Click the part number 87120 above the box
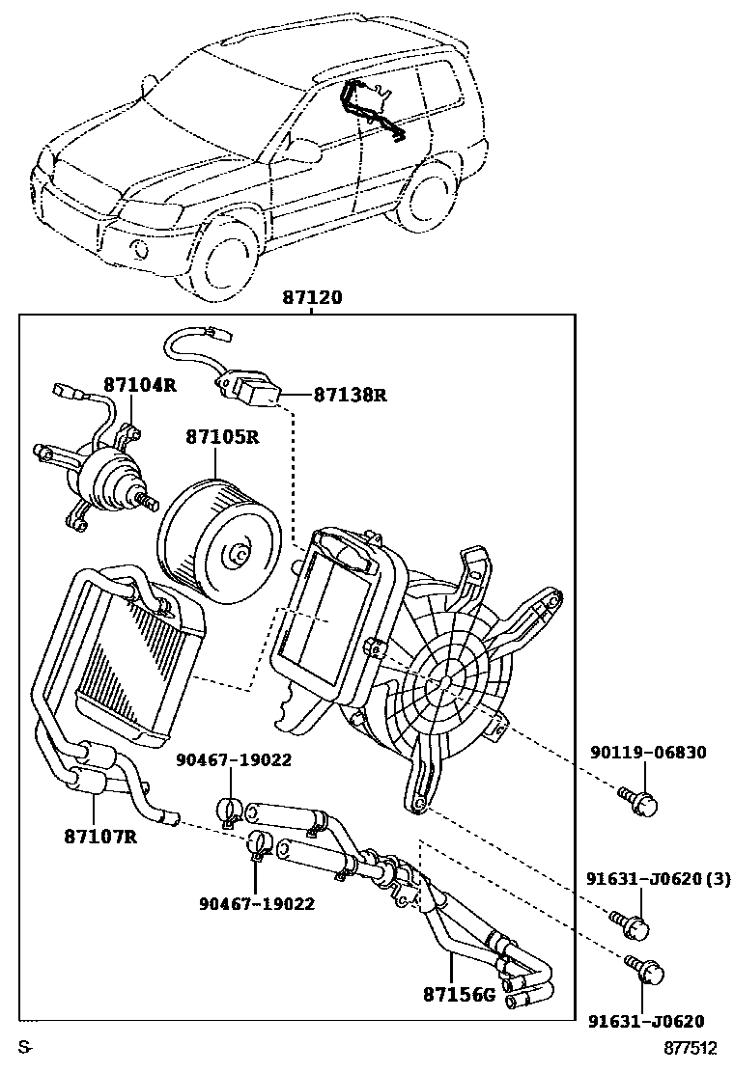click(x=312, y=298)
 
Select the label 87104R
click(x=140, y=385)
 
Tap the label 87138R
click(x=350, y=395)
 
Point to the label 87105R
click(x=222, y=437)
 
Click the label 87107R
click(x=99, y=836)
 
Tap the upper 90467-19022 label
click(x=234, y=759)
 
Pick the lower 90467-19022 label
click(x=257, y=903)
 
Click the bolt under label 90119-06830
click(x=639, y=801)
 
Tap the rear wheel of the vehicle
click(x=425, y=200)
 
